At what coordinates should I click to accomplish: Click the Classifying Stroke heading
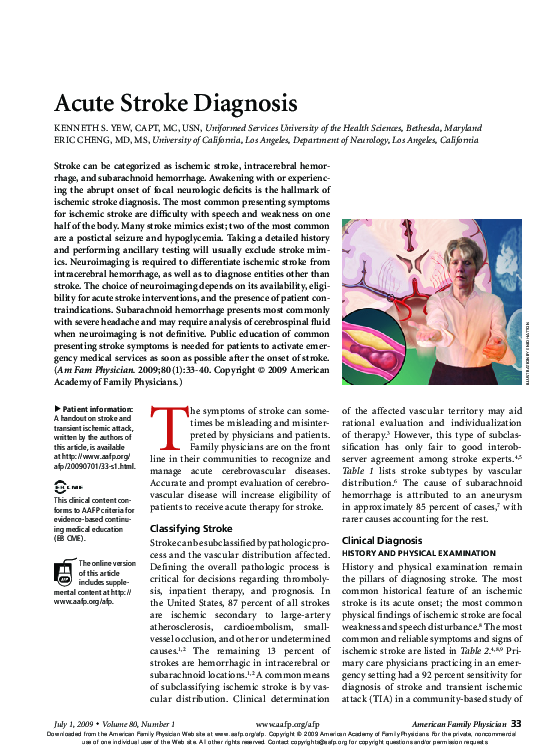[191, 528]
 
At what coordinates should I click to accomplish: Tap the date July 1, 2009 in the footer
[72, 724]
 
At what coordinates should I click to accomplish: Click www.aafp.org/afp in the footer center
[287, 724]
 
